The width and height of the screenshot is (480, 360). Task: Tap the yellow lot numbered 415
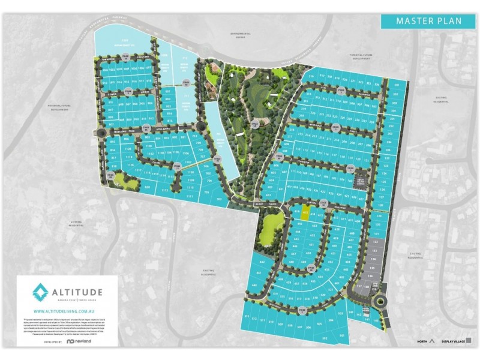(x=306, y=214)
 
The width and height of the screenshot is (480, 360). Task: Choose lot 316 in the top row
(x=311, y=77)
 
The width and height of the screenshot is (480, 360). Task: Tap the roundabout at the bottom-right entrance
(x=382, y=304)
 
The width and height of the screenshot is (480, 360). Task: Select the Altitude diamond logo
(x=40, y=295)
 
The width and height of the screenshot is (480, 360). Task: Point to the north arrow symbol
(x=432, y=340)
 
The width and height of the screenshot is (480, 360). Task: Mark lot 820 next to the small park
(x=147, y=187)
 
